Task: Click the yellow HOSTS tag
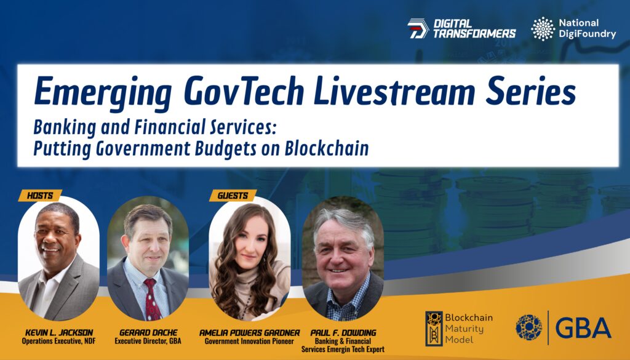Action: pos(40,196)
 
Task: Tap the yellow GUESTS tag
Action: pos(233,196)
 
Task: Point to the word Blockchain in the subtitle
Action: pos(327,148)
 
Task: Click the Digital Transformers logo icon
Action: pos(418,29)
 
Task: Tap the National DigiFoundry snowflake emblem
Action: pos(543,28)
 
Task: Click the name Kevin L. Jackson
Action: pos(59,333)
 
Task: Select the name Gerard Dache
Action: pos(148,333)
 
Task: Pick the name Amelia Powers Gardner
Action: pos(250,333)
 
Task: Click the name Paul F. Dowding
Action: pos(343,333)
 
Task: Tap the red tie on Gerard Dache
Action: pos(151,299)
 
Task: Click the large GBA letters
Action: pos(583,328)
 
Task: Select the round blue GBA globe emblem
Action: pos(528,327)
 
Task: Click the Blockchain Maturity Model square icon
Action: pos(434,328)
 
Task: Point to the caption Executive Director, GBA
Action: pos(148,341)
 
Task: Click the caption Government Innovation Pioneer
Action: pos(249,341)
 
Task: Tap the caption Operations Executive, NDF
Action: pos(58,341)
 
